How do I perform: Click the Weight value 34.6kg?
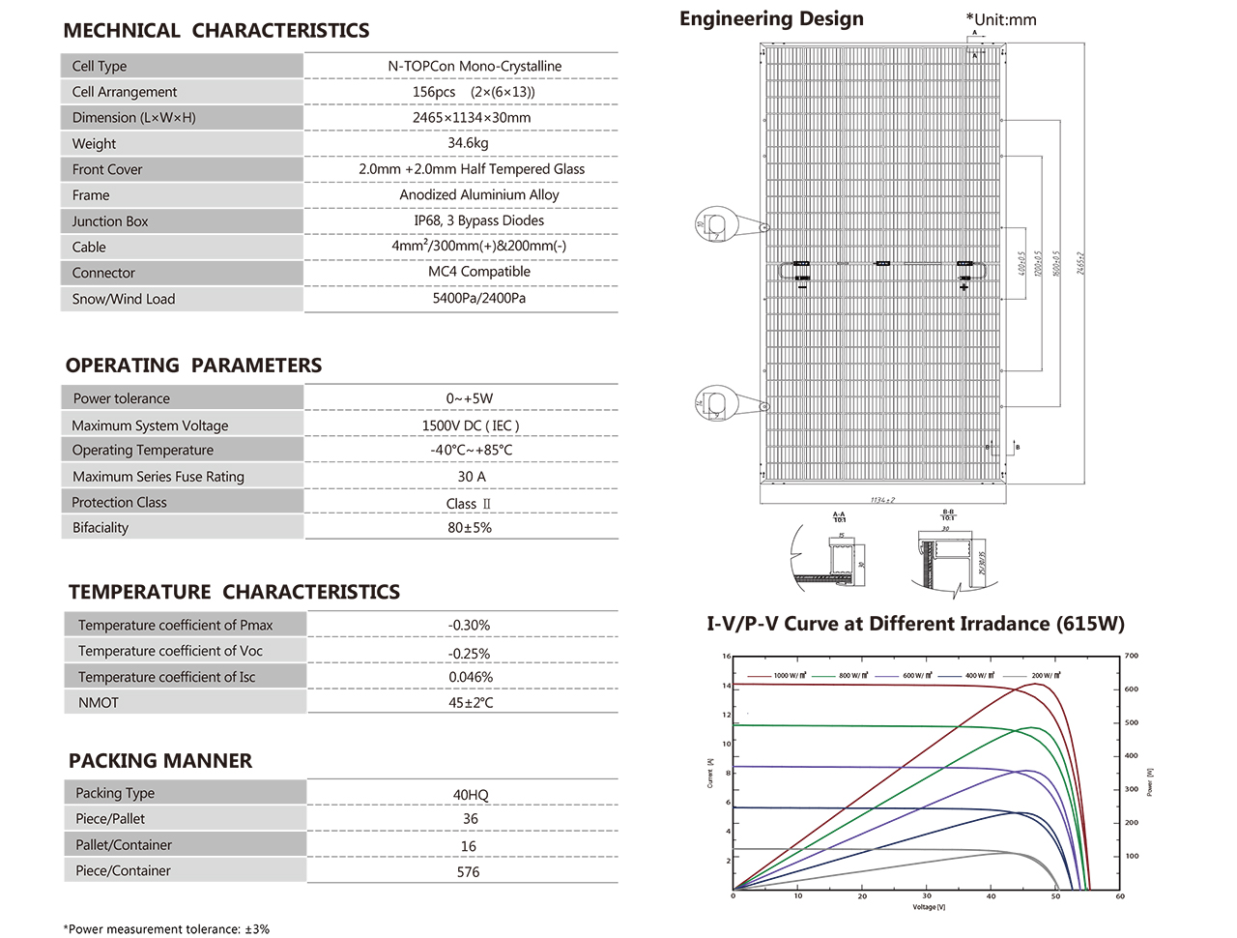click(x=468, y=143)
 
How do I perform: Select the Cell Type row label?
click(x=100, y=66)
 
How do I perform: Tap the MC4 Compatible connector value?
click(x=479, y=272)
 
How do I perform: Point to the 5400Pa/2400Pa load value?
click(x=479, y=298)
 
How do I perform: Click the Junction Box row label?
click(x=110, y=221)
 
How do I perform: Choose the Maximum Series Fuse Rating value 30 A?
click(x=472, y=477)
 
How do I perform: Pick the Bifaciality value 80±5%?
click(x=470, y=528)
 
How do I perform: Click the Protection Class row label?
click(x=119, y=503)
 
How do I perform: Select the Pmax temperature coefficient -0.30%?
click(x=469, y=626)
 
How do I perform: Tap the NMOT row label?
click(x=99, y=703)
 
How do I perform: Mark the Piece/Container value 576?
click(x=468, y=872)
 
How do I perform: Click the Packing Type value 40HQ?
click(x=471, y=795)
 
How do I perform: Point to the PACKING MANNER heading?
click(x=160, y=761)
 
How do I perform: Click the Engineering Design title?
click(x=771, y=19)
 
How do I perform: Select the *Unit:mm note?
click(x=1001, y=19)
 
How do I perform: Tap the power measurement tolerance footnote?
click(x=166, y=929)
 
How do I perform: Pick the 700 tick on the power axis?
click(x=1132, y=656)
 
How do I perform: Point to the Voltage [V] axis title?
click(x=929, y=907)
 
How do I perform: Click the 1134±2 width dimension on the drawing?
click(x=882, y=500)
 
